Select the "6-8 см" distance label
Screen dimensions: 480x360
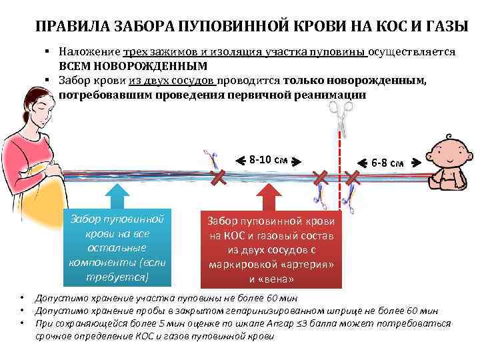click(387, 163)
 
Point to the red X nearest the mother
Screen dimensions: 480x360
click(217, 177)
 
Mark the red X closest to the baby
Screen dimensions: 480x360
click(353, 177)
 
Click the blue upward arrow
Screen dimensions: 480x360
click(117, 197)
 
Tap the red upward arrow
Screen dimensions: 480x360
click(267, 198)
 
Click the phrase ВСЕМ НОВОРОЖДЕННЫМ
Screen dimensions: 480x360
click(133, 66)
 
